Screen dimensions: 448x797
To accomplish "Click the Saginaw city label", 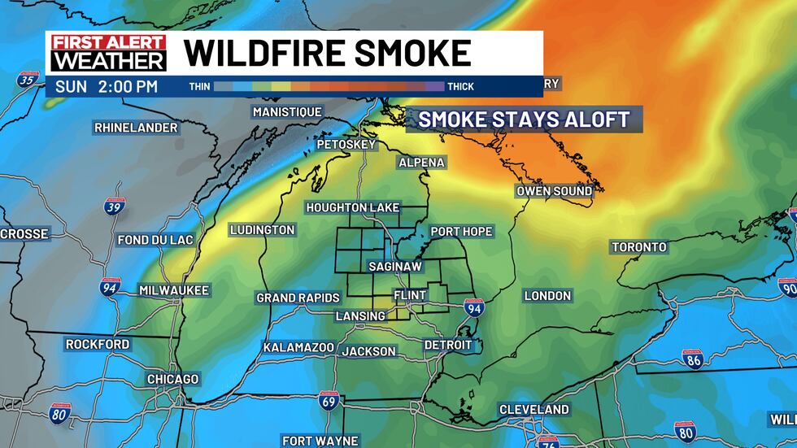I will [x=394, y=266].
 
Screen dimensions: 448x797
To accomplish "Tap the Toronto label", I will [x=639, y=247].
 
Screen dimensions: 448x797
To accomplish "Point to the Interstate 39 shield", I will [x=114, y=206].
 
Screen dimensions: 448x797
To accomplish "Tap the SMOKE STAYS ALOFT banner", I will [x=524, y=120].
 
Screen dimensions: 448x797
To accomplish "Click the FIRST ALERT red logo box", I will [x=108, y=43].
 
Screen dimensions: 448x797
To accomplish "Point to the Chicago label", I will [x=172, y=380].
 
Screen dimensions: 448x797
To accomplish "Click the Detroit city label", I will [x=448, y=346].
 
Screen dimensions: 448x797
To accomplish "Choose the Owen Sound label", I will [x=555, y=192].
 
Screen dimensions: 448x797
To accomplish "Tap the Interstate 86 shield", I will [x=692, y=359].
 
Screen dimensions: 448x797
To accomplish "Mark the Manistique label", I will [x=287, y=112].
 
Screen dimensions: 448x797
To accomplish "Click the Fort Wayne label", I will [x=320, y=441].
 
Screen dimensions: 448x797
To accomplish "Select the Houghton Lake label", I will [x=353, y=208].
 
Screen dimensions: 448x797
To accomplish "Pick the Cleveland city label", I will [x=534, y=409].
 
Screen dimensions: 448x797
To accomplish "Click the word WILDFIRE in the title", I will [x=265, y=53].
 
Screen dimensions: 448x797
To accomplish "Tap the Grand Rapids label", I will [x=298, y=298].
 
